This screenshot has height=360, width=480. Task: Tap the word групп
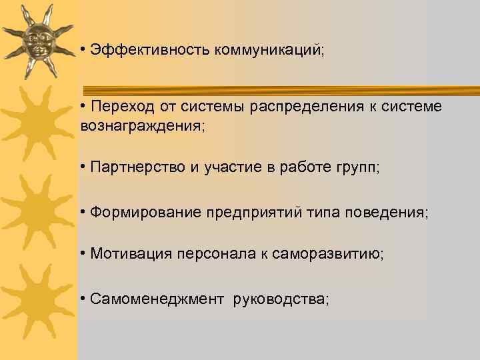[357, 168]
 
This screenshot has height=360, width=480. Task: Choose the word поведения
[389, 213]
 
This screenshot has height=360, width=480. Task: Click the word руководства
[279, 299]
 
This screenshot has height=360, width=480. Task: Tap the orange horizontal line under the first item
[280, 87]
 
